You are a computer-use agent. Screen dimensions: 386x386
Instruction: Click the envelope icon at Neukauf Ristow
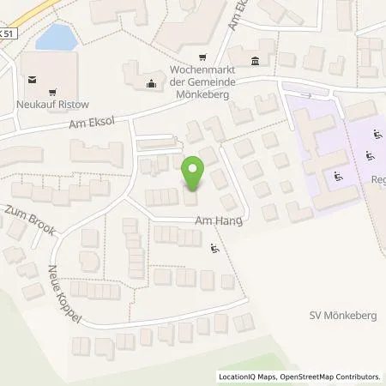click(x=32, y=80)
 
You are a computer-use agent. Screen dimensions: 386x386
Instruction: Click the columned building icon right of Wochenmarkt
click(x=254, y=61)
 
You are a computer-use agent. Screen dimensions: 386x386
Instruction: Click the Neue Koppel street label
click(x=66, y=295)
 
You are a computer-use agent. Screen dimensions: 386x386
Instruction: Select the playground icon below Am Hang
click(x=214, y=249)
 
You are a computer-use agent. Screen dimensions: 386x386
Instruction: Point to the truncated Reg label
click(x=377, y=180)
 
